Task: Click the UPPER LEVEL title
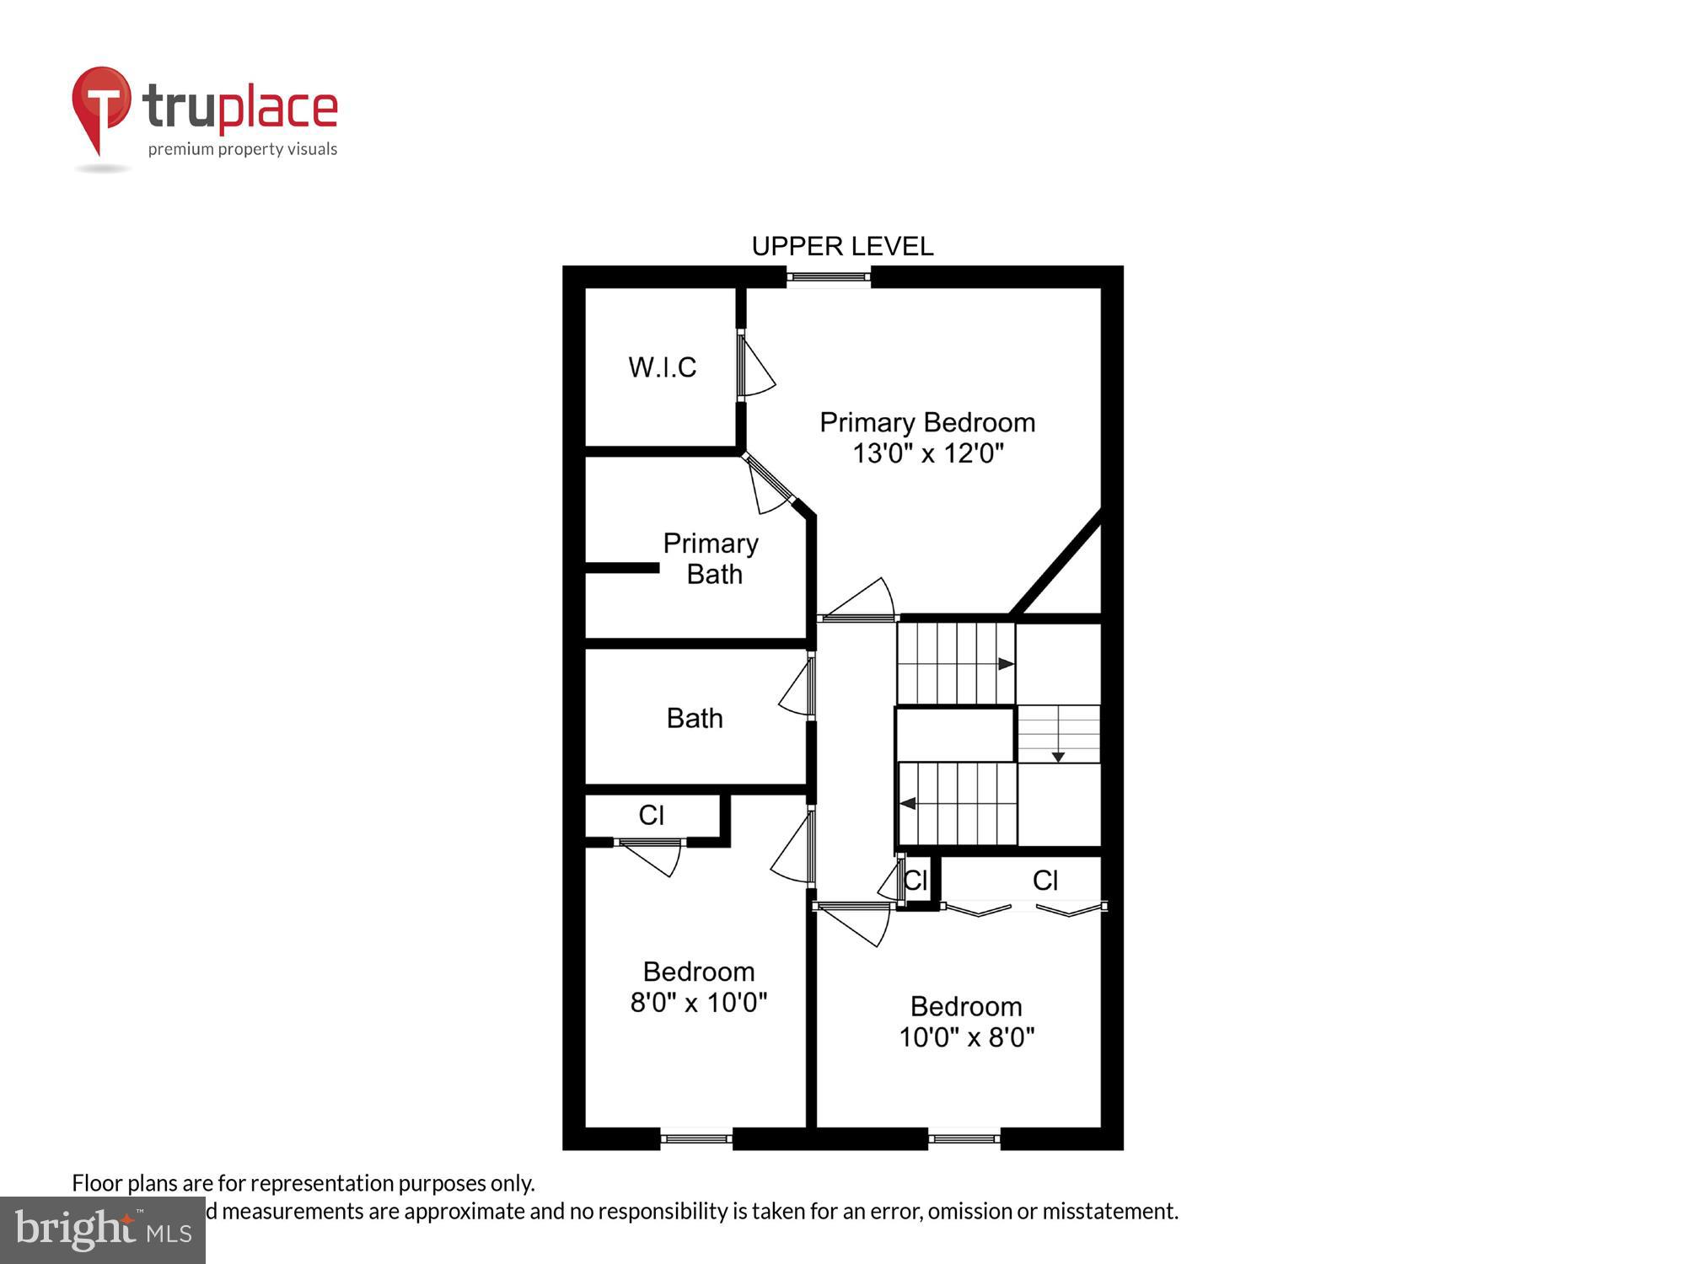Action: tap(842, 246)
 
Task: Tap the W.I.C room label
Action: tap(662, 367)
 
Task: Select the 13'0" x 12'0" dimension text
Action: tap(927, 453)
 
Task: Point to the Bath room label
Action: tap(695, 718)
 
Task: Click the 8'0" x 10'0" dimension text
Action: tap(698, 1003)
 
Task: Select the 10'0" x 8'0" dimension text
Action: tap(966, 1037)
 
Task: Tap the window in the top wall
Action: tap(829, 276)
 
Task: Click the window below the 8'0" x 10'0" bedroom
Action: tap(695, 1139)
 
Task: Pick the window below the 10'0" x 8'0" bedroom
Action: tap(964, 1139)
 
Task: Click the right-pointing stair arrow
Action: tap(1006, 664)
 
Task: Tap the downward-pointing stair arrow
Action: tap(1058, 758)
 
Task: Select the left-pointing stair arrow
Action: tap(908, 803)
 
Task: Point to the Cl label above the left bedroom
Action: tap(651, 816)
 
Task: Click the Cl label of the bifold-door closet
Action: tap(1044, 881)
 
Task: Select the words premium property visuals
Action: tap(242, 150)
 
